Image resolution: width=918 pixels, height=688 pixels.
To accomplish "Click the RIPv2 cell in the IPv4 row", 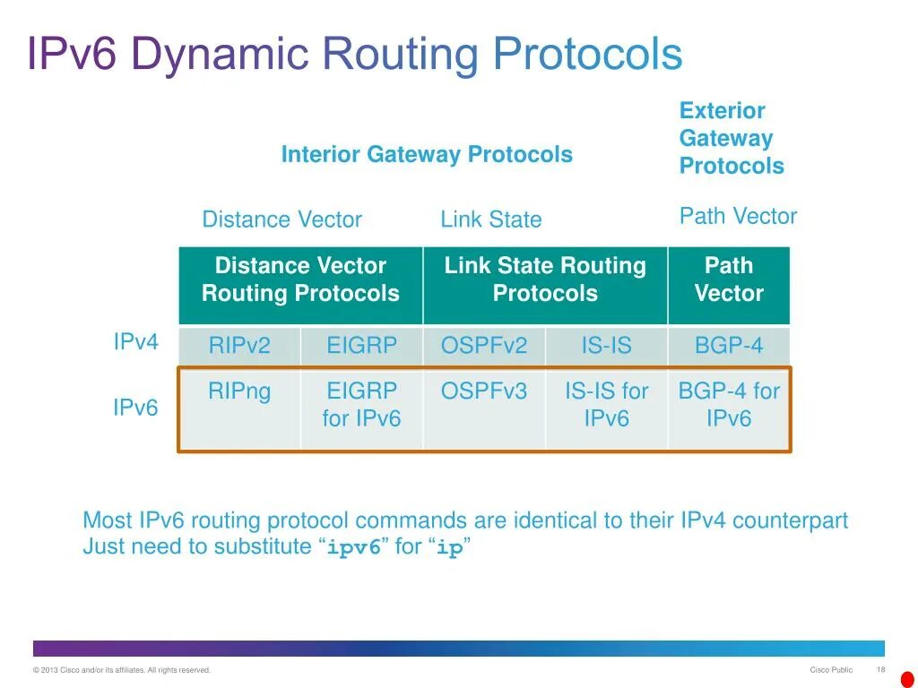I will [239, 346].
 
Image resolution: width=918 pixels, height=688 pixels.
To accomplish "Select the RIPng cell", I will [239, 391].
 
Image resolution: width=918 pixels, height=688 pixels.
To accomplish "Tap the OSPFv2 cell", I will [484, 346].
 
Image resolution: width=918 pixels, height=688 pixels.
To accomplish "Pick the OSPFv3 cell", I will [484, 391].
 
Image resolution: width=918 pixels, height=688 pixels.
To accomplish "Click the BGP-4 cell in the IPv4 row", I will [729, 346].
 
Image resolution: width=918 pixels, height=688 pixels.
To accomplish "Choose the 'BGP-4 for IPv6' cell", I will [729, 405].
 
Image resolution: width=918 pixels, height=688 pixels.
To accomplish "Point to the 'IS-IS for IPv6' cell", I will [606, 405].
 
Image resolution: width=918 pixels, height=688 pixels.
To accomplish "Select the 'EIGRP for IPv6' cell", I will [361, 405].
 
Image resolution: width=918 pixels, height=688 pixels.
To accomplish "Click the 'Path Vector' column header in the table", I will [729, 279].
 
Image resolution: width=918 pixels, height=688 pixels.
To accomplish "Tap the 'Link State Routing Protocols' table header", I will [545, 279].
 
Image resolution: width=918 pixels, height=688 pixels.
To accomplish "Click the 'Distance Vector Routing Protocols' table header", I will [300, 279].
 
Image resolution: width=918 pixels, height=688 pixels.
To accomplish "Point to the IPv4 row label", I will [135, 342].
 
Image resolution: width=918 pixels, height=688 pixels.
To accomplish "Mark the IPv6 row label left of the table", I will [135, 408].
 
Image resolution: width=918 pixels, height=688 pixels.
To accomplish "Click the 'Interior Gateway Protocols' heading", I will [427, 155].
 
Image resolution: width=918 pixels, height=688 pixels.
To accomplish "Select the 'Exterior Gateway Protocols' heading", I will [732, 139].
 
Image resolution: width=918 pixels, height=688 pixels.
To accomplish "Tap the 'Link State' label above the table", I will [491, 220].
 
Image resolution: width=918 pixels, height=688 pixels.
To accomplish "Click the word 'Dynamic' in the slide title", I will [220, 55].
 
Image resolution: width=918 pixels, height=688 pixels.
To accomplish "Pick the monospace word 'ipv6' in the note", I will [354, 548].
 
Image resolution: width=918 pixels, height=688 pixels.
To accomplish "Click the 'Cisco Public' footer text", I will [831, 670].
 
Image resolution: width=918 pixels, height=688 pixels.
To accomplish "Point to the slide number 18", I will [880, 670].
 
